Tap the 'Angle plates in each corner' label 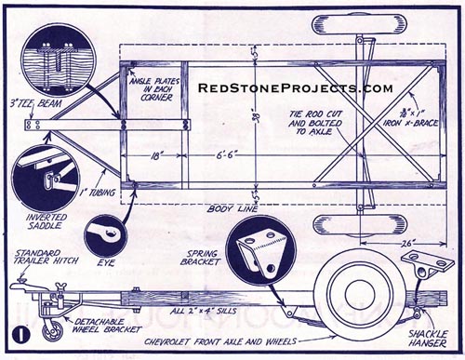156,88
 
